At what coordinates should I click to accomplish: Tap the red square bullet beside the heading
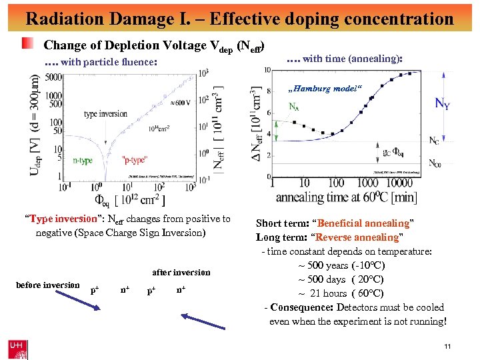point(27,45)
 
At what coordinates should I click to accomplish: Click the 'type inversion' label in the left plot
point(105,114)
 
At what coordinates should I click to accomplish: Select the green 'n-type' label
point(84,159)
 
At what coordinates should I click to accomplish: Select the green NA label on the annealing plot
point(293,106)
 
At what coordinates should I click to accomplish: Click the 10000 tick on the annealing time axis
point(400,183)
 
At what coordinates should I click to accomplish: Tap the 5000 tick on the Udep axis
point(54,78)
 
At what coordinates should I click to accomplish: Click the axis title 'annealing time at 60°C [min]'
point(346,197)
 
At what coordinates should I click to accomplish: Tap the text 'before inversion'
point(47,285)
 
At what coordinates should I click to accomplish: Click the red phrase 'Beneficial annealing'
point(363,223)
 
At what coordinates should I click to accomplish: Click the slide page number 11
point(447,346)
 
